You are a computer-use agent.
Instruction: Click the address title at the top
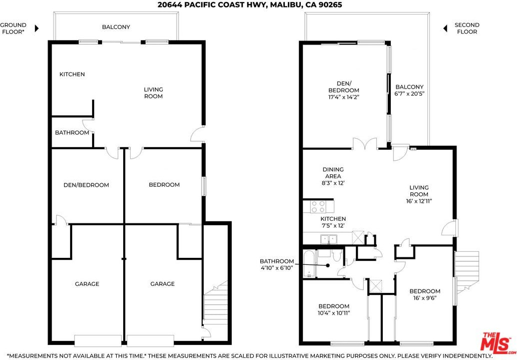(250, 5)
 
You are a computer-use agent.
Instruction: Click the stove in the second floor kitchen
(318, 207)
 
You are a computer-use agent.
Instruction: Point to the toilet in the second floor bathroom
(337, 255)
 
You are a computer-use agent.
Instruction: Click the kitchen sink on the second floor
(329, 239)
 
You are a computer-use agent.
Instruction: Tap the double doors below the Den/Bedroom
(365, 144)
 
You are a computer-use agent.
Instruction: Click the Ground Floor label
(13, 29)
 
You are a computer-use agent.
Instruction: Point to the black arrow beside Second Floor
(445, 29)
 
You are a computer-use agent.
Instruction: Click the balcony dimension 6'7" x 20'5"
(409, 94)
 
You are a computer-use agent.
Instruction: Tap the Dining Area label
(333, 173)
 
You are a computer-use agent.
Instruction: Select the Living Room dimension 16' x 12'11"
(419, 201)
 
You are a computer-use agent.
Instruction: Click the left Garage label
(87, 284)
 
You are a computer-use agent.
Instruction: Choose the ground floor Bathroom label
(72, 133)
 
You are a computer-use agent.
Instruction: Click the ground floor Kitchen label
(72, 74)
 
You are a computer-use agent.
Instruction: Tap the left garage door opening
(98, 341)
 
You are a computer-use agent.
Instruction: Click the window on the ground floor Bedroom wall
(204, 186)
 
